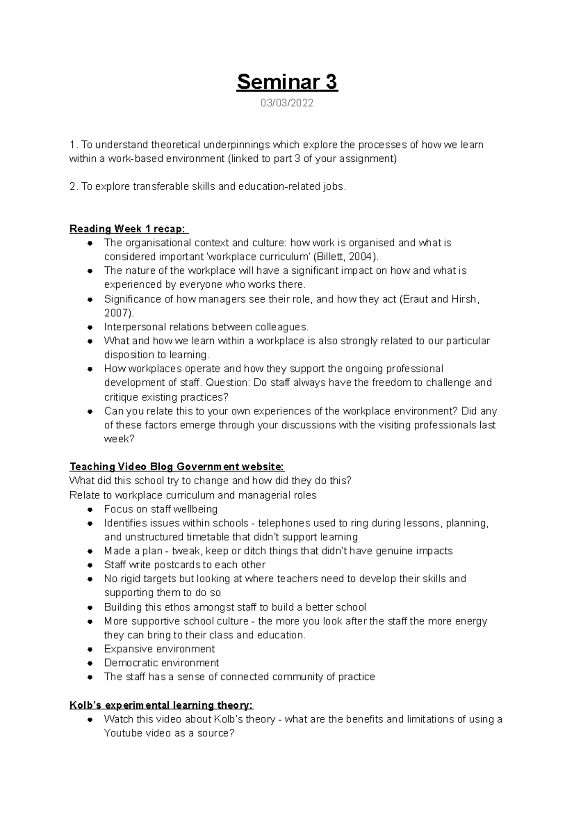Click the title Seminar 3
click(x=287, y=82)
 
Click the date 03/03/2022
click(x=287, y=103)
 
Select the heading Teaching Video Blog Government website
click(x=177, y=467)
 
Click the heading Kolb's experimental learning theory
click(x=161, y=705)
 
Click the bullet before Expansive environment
click(x=89, y=650)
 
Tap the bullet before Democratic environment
click(x=89, y=664)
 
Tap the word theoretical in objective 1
click(x=175, y=145)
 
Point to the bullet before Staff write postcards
click(x=89, y=565)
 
